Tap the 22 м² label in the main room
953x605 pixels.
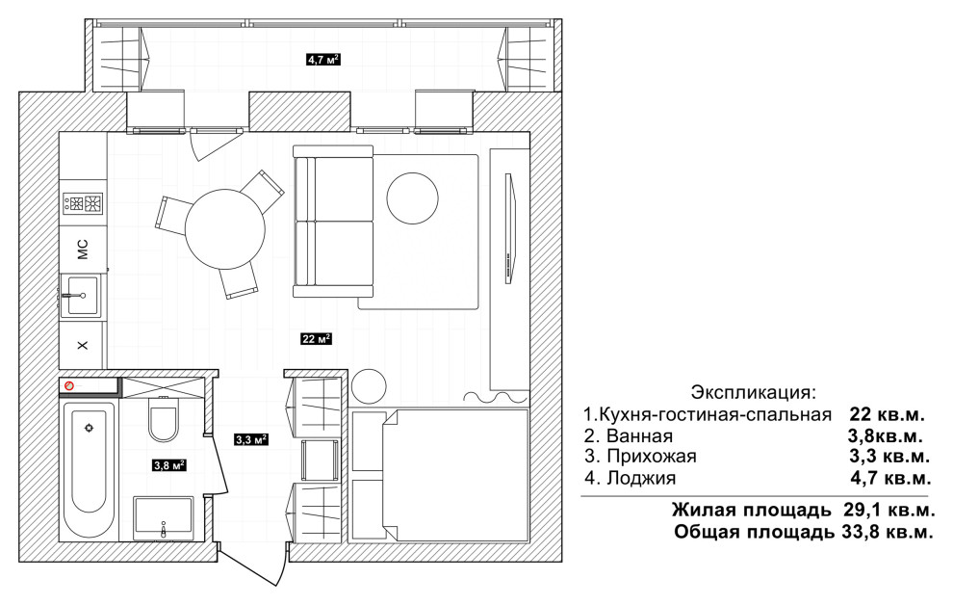317,338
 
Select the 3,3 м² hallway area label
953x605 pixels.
250,440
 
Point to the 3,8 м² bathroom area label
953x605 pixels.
168,465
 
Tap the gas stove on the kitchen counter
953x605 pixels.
83,203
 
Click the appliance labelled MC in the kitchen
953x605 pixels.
83,248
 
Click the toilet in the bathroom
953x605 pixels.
163,422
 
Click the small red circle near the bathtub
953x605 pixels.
68,385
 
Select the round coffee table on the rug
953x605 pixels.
412,197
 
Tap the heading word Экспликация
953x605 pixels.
753,393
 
